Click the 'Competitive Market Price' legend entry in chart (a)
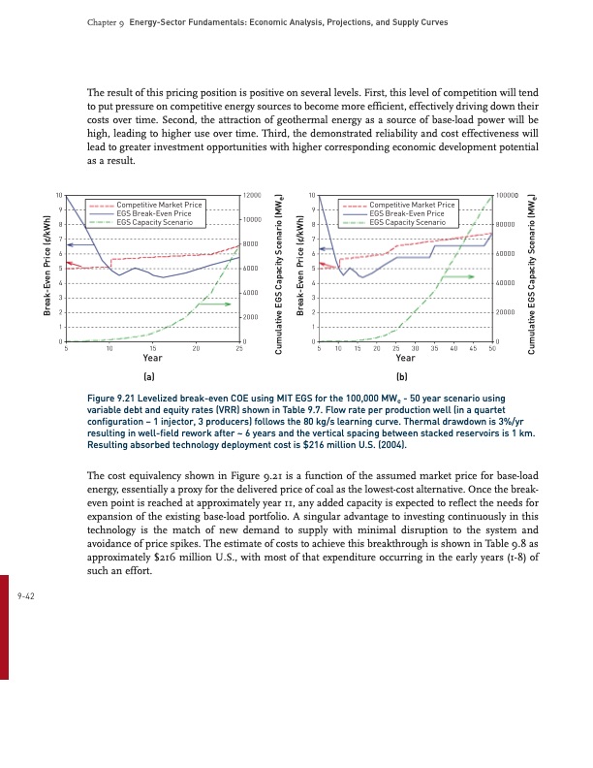pyautogui.click(x=158, y=206)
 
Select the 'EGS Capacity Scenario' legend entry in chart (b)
pyautogui.click(x=409, y=222)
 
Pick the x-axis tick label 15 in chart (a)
pyautogui.click(x=152, y=347)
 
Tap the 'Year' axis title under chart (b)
pyautogui.click(x=406, y=357)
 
